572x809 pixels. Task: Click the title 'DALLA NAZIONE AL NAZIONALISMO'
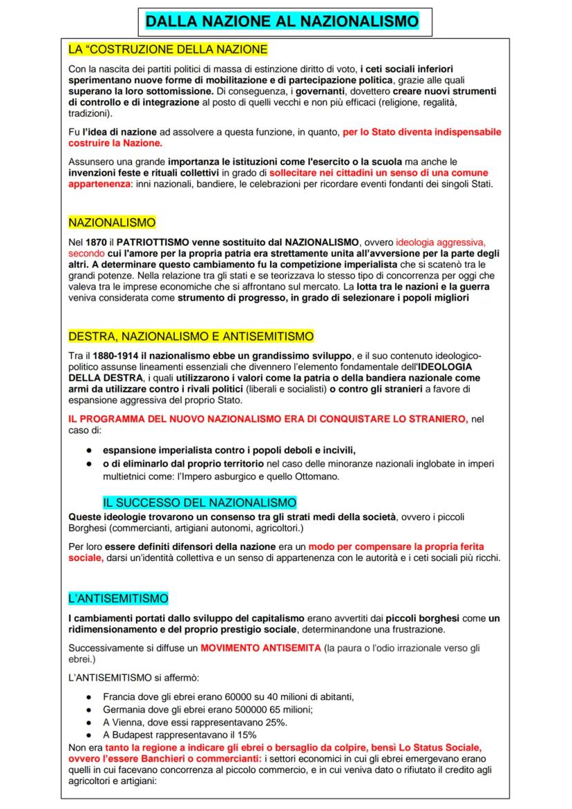click(282, 22)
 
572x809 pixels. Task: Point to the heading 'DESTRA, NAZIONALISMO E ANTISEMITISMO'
click(191, 336)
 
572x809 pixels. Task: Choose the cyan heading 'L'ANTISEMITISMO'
click(118, 598)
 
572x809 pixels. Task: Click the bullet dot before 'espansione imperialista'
click(90, 450)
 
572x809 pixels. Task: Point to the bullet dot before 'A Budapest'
click(90, 734)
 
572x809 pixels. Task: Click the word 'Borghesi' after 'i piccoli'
click(90, 529)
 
